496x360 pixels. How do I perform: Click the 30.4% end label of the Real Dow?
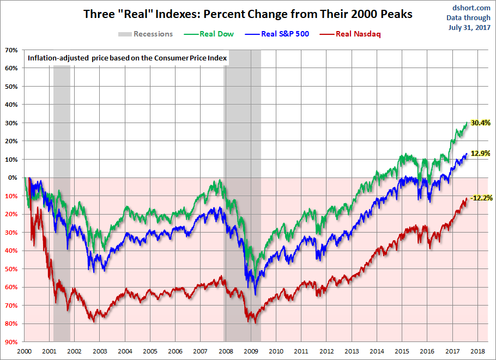481,123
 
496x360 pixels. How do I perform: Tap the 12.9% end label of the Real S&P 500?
481,154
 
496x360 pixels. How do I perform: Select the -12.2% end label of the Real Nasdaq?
481,198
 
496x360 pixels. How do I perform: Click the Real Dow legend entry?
216,34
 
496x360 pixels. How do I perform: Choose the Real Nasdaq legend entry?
358,34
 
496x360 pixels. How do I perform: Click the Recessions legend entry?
153,34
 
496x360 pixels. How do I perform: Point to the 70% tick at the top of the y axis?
11,50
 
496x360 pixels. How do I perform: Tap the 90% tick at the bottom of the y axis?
11,342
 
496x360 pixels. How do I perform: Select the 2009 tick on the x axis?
250,352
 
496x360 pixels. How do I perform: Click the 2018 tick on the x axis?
477,352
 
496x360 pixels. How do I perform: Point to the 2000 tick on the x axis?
24,352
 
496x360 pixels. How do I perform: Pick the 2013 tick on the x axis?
352,352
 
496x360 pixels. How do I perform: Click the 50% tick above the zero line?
11,87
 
